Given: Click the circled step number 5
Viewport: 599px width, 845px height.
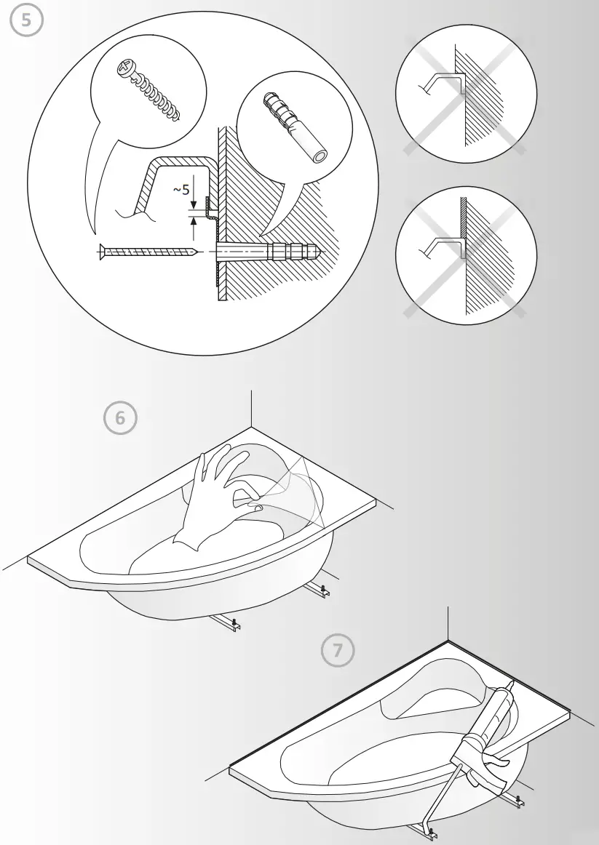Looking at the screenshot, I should tap(26, 20).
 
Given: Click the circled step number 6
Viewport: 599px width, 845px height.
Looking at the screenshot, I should tap(120, 417).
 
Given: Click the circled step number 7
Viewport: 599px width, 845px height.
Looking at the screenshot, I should tap(338, 651).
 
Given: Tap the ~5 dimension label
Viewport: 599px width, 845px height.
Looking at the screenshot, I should tap(181, 190).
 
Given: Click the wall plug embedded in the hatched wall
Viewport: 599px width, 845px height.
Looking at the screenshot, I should tap(291, 252).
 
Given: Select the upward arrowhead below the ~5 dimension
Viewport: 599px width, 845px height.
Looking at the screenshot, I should tap(192, 221).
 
